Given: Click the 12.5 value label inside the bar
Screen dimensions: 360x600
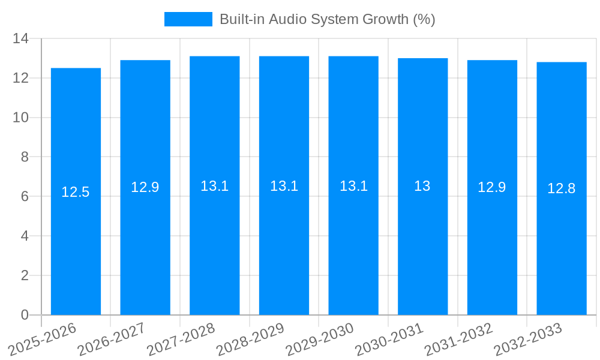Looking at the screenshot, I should [x=76, y=192].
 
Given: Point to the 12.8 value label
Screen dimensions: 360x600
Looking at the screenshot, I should [x=562, y=188].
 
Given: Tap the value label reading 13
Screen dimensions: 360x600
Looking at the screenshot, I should [x=422, y=186].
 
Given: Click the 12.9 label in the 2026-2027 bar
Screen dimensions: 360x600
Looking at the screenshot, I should [x=145, y=187].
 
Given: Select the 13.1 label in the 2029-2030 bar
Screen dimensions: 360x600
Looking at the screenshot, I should [x=353, y=186].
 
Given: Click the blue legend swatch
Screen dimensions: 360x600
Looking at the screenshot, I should [x=188, y=19].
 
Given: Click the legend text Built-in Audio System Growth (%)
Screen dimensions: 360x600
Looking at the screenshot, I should [x=327, y=19].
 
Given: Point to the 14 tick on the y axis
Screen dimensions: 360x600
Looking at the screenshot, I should [x=20, y=39].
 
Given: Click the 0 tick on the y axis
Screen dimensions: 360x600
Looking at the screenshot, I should [x=25, y=315].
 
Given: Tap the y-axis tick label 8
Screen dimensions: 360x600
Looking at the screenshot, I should [x=25, y=157].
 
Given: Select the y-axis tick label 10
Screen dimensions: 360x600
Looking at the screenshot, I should [x=20, y=118].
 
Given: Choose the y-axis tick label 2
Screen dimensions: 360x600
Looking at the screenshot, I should [x=25, y=275].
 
